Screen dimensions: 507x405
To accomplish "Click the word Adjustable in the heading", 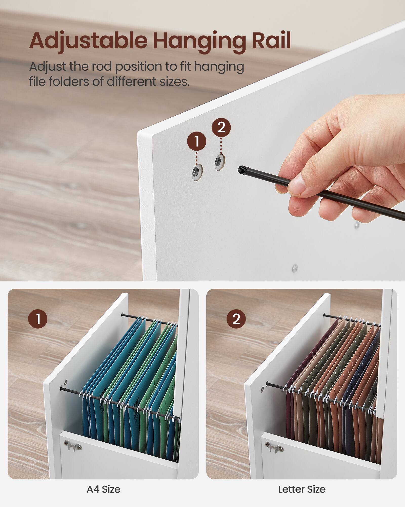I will pyautogui.click(x=88, y=41).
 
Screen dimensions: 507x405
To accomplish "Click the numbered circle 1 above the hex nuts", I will pyautogui.click(x=197, y=141).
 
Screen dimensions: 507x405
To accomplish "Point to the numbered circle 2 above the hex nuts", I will pyautogui.click(x=221, y=127).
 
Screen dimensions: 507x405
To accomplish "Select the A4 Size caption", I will pyautogui.click(x=104, y=489).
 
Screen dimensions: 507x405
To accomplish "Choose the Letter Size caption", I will pyautogui.click(x=302, y=489).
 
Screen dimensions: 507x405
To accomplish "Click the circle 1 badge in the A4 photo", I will pyautogui.click(x=38, y=319).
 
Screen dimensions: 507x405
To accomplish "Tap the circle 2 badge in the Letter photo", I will pyautogui.click(x=236, y=319).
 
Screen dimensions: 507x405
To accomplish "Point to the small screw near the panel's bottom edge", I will pyautogui.click(x=295, y=267).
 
